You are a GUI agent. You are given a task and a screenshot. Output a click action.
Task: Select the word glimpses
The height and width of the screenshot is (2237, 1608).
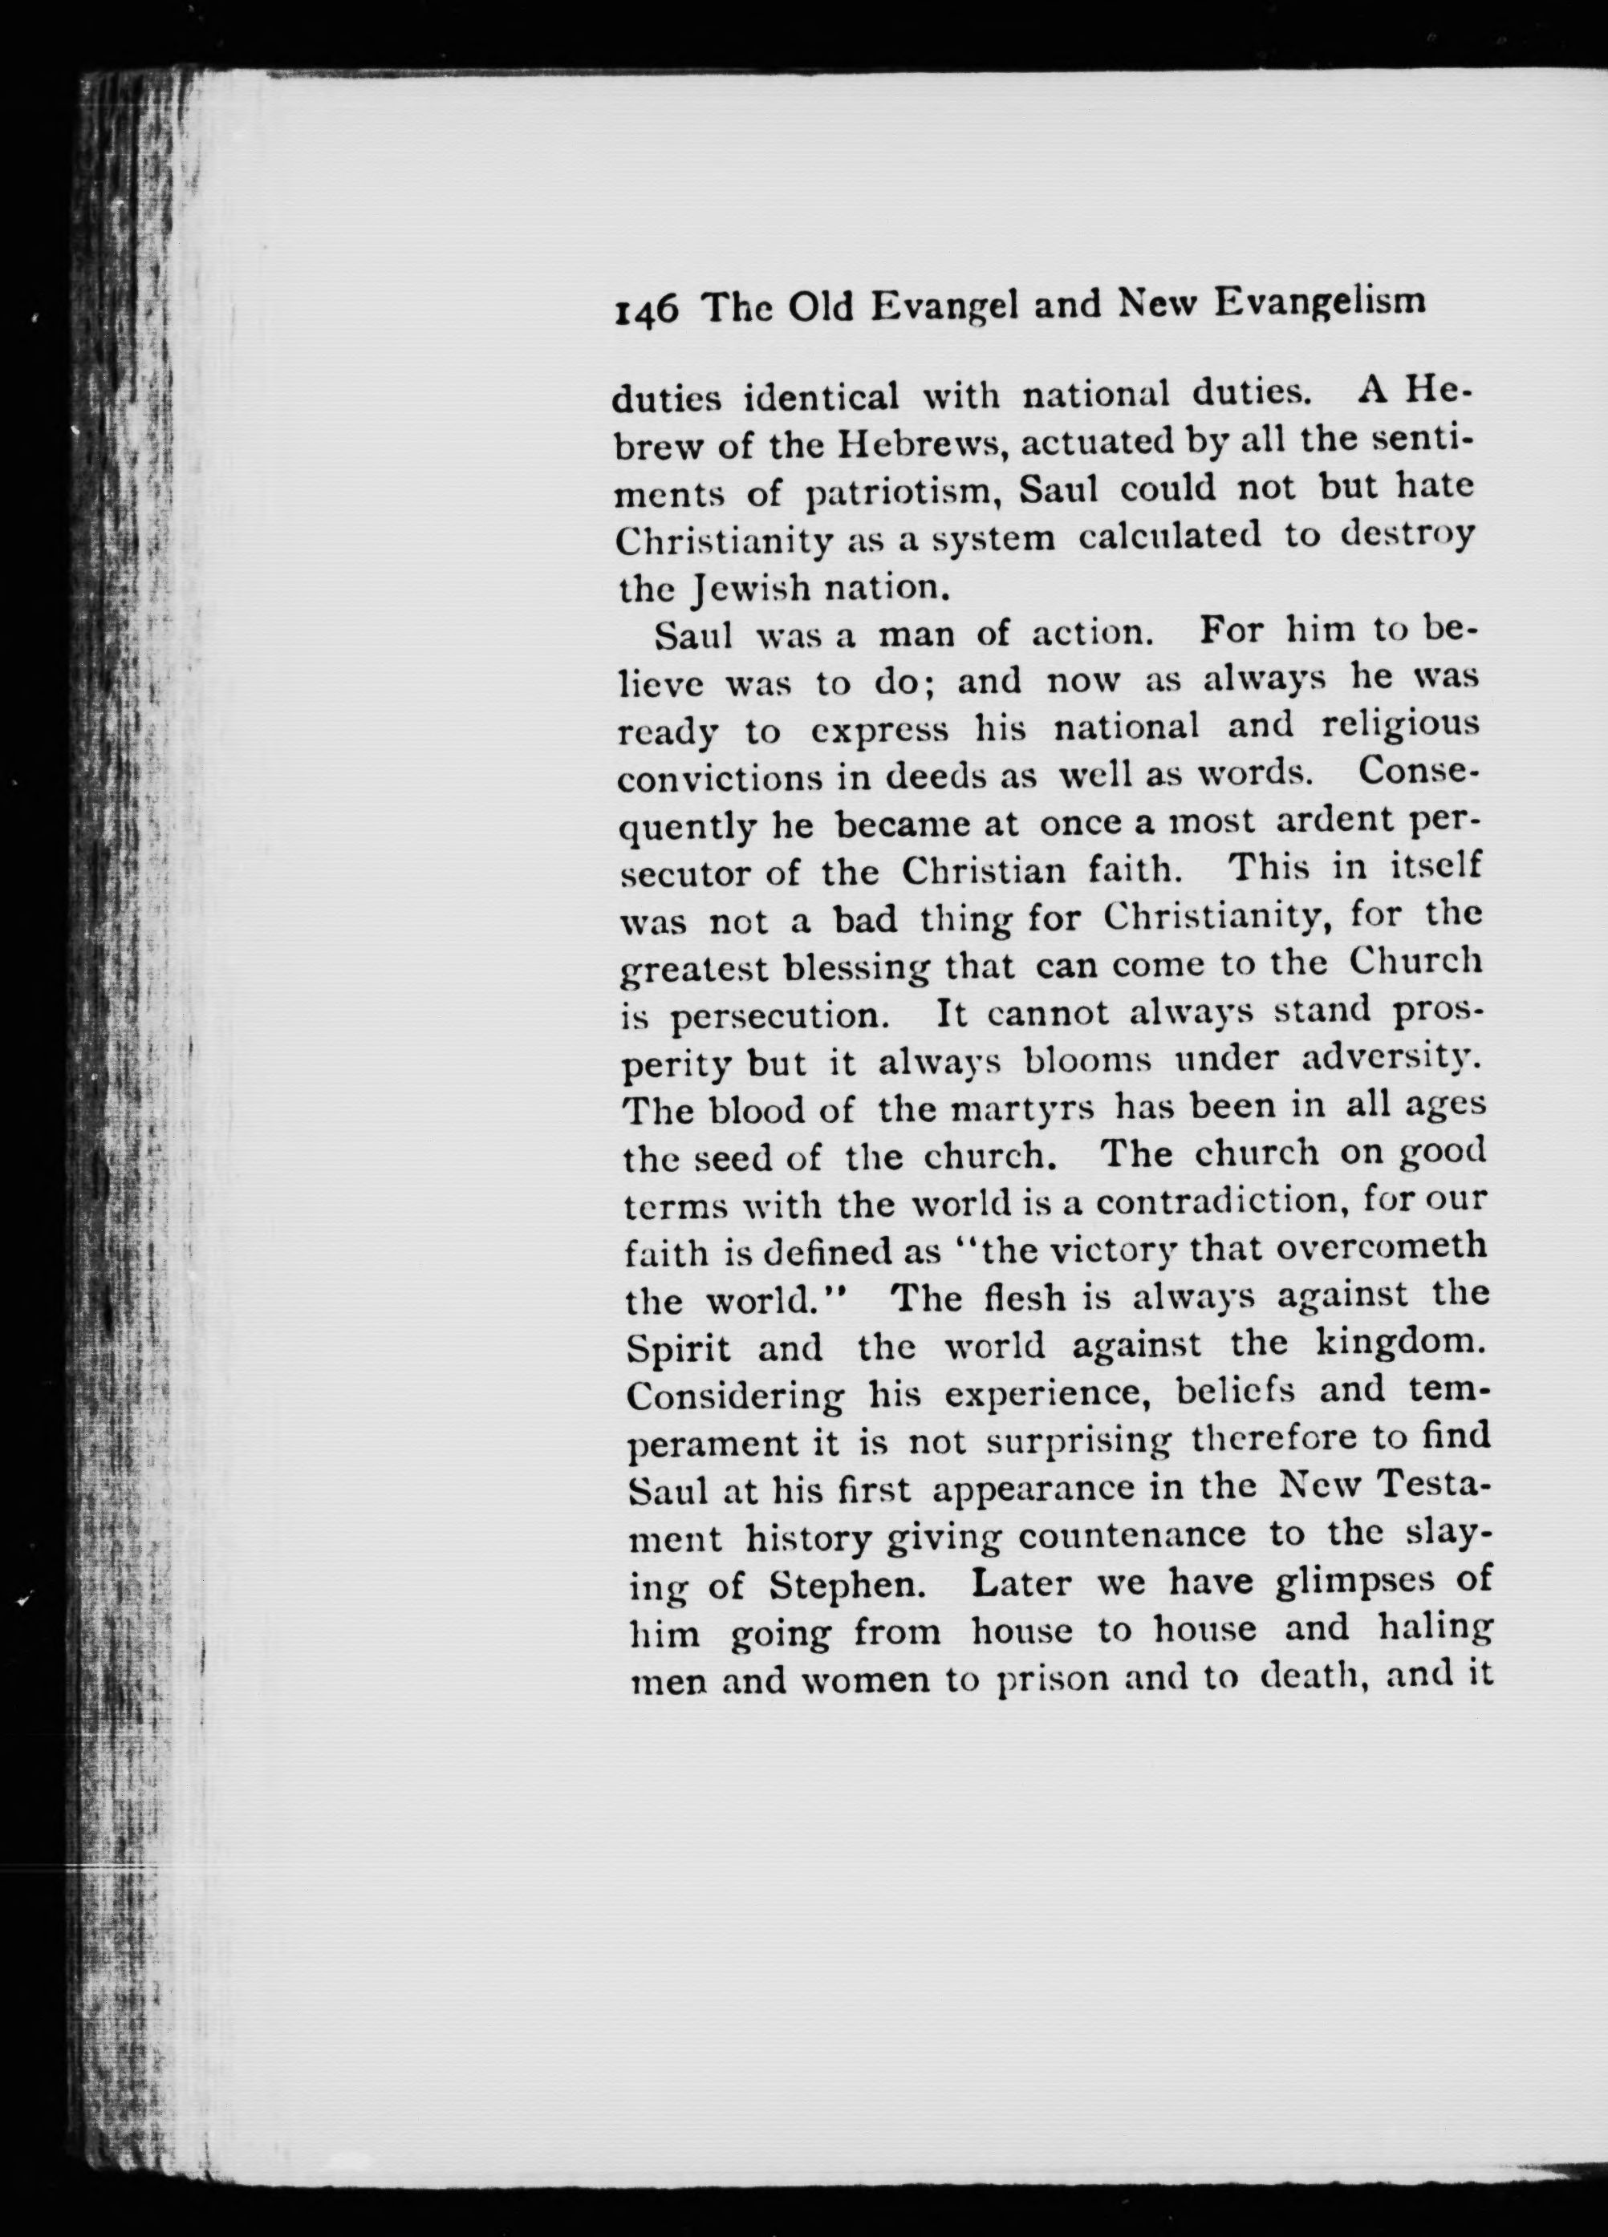pos(1341,1584)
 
